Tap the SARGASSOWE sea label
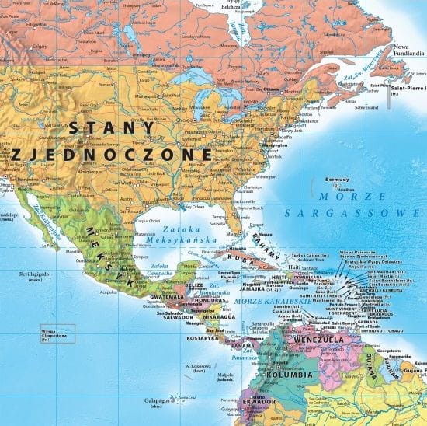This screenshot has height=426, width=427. [x=356, y=211]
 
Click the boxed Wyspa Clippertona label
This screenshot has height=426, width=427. [x=53, y=335]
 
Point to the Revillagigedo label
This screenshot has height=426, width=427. [x=36, y=274]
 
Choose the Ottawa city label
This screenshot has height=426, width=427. [x=271, y=89]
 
